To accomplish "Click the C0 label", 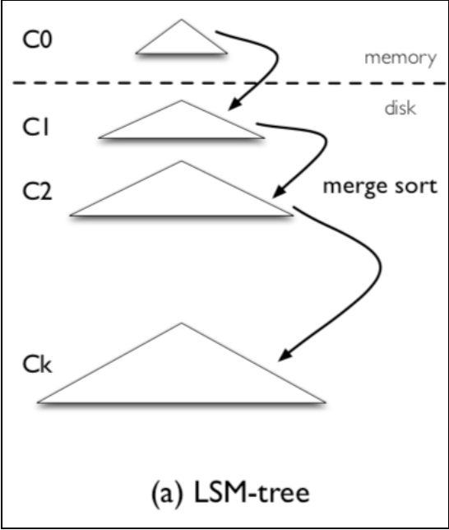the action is pos(38,40).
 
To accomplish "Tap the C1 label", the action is pos(36,128).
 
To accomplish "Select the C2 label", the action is pos(38,191).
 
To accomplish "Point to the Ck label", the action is pos(38,365).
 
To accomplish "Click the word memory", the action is pos(400,58).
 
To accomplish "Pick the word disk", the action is pos(400,108).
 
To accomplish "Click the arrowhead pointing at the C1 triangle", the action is pos(234,104).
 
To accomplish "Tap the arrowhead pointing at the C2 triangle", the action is pos(279,191).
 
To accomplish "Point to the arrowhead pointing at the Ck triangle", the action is pos(285,356).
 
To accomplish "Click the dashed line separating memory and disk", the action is pos(229,83).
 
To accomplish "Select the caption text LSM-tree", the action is pos(252,493).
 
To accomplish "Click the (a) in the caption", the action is pos(167,494).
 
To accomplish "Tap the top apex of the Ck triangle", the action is pos(182,323).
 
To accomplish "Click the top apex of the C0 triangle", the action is pos(182,20).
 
